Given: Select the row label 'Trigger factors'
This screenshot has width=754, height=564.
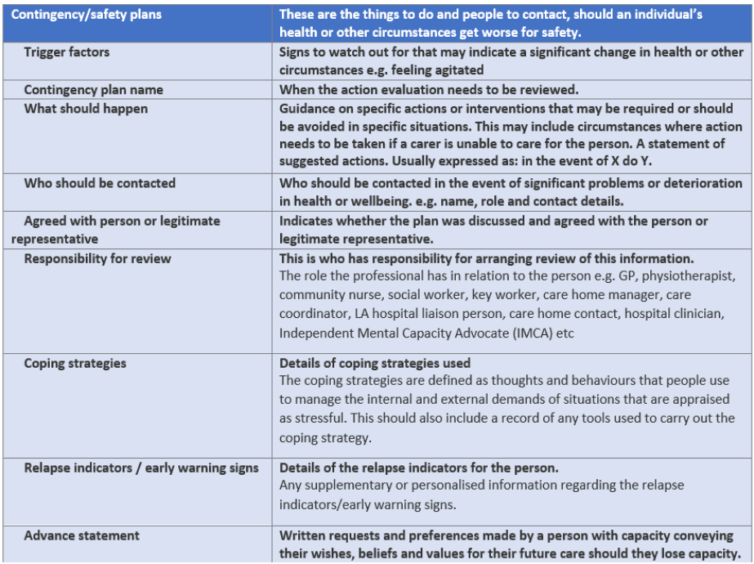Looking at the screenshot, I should [x=66, y=52].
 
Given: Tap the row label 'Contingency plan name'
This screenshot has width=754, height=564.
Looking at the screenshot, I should [x=93, y=90].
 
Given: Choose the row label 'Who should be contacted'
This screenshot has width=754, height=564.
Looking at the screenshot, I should [x=100, y=183].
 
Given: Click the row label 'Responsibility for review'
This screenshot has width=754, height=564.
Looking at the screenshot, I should [x=97, y=259].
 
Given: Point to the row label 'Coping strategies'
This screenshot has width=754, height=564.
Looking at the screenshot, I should [x=75, y=363].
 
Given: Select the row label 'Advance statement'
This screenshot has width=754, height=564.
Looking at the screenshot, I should [x=82, y=535].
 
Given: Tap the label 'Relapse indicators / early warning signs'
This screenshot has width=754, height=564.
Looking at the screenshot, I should [x=141, y=468].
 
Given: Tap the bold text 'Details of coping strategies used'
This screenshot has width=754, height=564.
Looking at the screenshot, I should [x=375, y=364].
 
